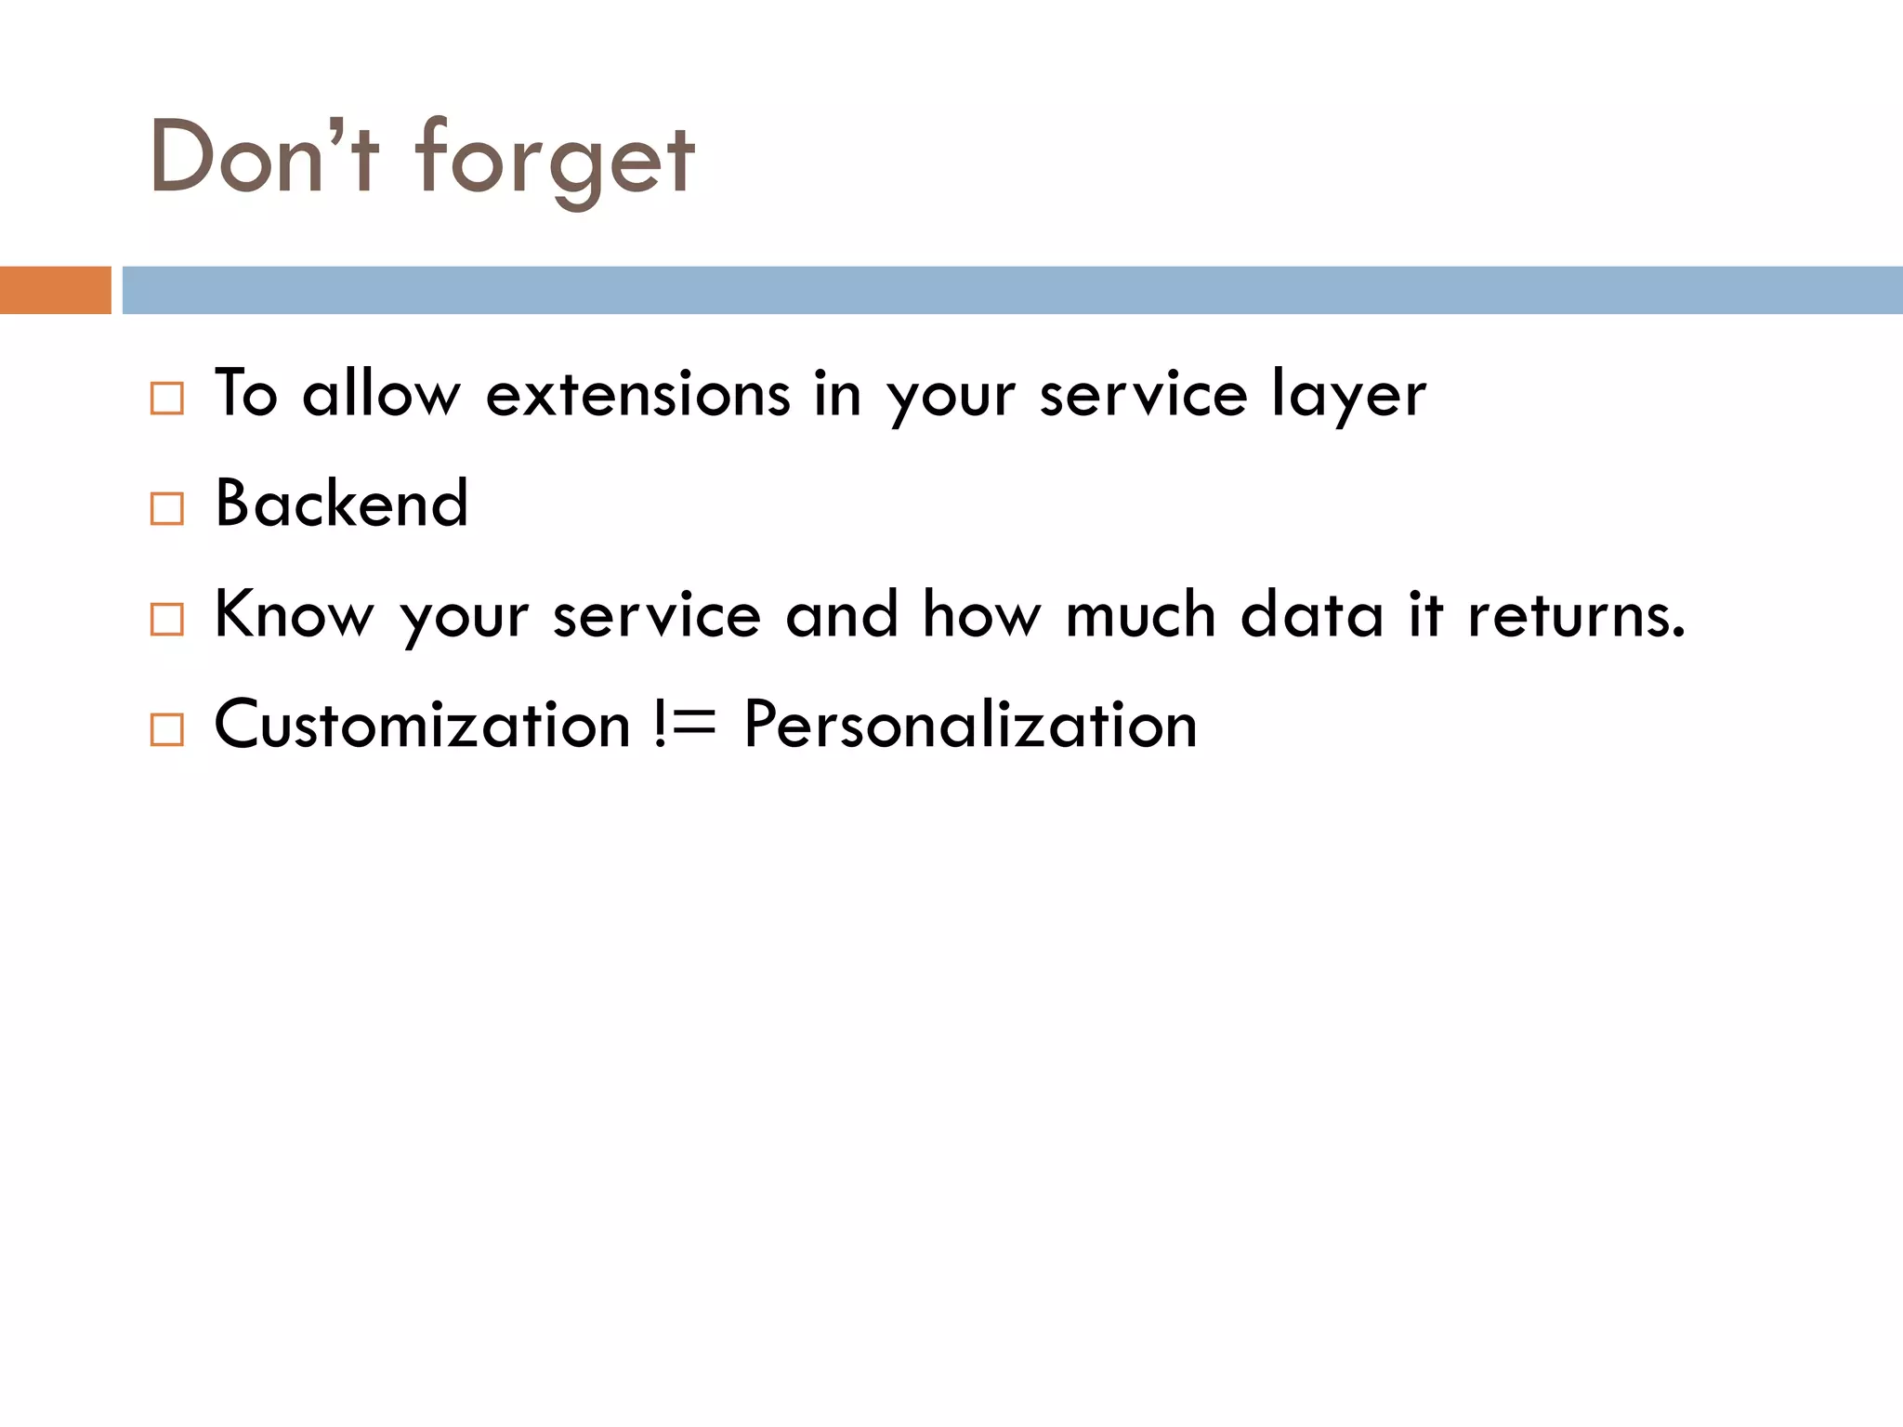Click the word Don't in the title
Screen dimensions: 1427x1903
point(264,158)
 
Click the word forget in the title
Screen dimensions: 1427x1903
point(555,160)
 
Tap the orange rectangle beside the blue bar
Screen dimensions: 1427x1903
point(55,290)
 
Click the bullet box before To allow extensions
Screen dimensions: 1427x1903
point(167,399)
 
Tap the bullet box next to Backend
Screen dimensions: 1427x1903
point(167,508)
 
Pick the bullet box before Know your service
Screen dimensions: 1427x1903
point(167,619)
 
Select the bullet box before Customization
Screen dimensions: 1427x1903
point(167,729)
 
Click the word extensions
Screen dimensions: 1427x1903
point(637,395)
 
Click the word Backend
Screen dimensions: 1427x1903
point(341,504)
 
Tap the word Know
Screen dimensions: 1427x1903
point(294,614)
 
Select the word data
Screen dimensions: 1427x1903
point(1312,614)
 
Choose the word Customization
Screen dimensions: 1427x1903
point(423,725)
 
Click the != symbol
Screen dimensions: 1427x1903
point(686,725)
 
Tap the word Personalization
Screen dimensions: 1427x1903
point(970,725)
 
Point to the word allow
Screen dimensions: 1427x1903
point(381,395)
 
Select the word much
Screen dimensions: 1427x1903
point(1140,614)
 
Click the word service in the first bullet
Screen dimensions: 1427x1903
point(1143,395)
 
